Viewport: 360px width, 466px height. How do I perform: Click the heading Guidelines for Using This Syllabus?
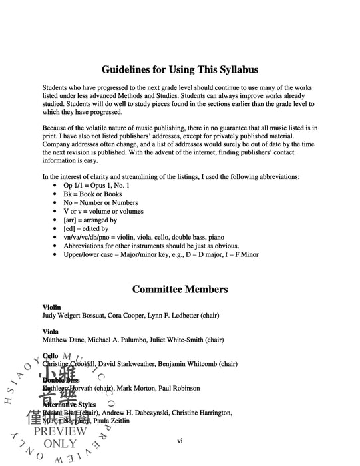point(180,69)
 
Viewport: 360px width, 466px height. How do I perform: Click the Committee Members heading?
point(180,289)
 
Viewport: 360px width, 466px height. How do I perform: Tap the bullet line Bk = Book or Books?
point(98,194)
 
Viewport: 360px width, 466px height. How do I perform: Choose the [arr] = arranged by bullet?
point(90,220)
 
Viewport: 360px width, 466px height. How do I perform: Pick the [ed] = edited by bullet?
point(87,228)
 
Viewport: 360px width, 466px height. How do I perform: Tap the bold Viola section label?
point(51,331)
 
